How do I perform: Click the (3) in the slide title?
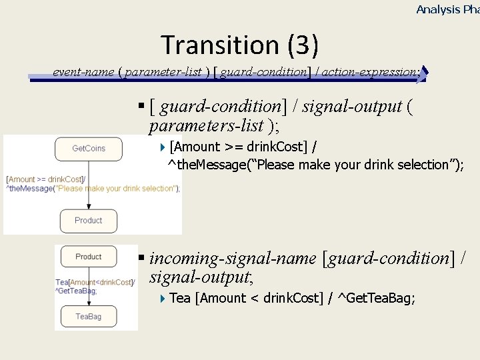[303, 45]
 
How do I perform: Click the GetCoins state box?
[89, 149]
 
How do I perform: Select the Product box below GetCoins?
[89, 221]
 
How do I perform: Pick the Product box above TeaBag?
[89, 257]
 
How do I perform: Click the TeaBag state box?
[89, 317]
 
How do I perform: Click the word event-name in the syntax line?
[83, 72]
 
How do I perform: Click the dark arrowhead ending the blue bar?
[425, 73]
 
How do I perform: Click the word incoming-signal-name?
[233, 258]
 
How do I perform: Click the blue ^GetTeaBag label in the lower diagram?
[76, 291]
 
